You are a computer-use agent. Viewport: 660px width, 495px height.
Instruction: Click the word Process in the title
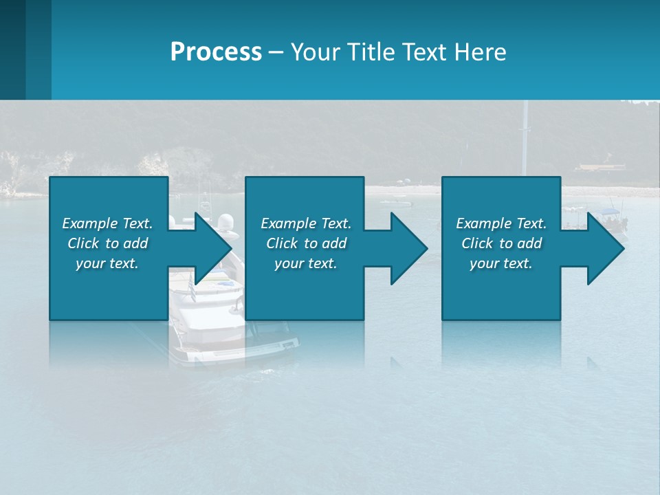point(216,52)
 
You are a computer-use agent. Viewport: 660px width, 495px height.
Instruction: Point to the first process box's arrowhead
point(213,248)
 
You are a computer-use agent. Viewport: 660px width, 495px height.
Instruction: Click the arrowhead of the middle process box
point(409,248)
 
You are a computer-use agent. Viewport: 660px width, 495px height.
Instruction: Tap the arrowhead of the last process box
point(606,248)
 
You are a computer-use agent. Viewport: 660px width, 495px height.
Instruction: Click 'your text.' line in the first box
point(107,263)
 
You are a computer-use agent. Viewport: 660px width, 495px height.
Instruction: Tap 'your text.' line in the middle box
point(306,263)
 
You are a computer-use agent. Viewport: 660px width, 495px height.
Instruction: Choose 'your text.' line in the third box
point(501,263)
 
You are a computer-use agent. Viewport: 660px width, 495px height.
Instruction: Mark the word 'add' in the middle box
point(334,243)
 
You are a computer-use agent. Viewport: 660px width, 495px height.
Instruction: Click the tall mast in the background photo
point(525,137)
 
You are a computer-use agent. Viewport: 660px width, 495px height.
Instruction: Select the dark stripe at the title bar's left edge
point(12,49)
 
